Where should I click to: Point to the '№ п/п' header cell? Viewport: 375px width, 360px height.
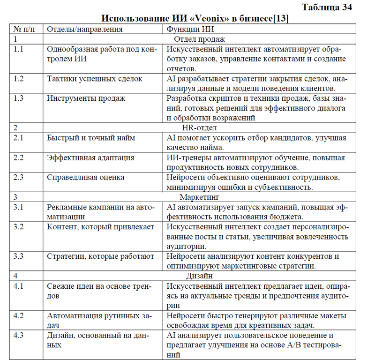(x=24, y=29)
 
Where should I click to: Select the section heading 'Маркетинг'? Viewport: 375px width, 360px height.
(x=199, y=197)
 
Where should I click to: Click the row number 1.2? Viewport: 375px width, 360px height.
(x=19, y=78)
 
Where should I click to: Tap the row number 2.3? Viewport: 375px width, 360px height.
(x=19, y=177)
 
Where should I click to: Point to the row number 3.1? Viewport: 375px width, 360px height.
(x=19, y=207)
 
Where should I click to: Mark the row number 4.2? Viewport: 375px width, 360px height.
(x=19, y=315)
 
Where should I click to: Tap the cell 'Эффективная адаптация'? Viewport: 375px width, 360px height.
(x=91, y=157)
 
